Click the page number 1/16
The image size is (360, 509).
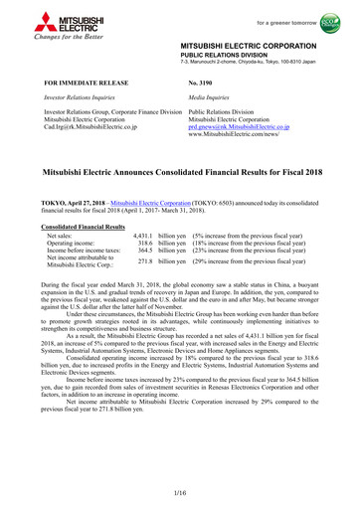point(180,494)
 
